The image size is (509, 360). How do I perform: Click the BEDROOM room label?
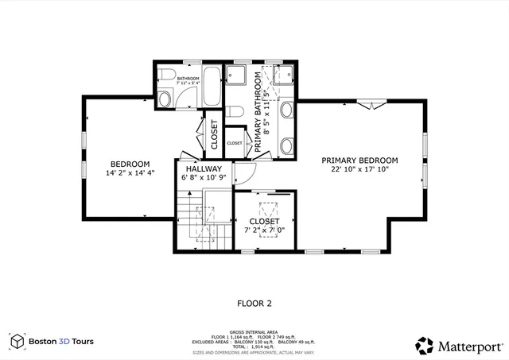tap(130, 164)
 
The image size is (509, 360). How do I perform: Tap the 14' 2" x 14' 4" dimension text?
tap(130, 172)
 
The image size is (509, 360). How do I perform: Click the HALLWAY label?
tap(204, 169)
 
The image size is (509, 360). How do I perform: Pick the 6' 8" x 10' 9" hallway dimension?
tap(204, 178)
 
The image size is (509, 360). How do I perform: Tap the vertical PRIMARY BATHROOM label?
tap(258, 111)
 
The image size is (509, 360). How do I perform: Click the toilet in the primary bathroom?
tap(236, 75)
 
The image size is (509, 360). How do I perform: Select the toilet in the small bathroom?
tap(164, 75)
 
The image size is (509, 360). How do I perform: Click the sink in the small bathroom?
tap(164, 99)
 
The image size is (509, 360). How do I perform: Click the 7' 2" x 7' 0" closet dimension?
tap(264, 230)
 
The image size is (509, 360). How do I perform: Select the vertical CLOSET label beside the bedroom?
tap(213, 136)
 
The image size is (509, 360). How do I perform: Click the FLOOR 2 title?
tap(254, 303)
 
